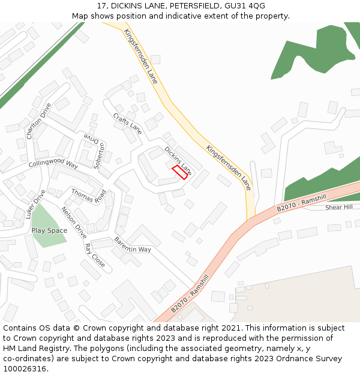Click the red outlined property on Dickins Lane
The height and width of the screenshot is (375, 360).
pos(180,172)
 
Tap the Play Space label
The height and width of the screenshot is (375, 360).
pos(49,230)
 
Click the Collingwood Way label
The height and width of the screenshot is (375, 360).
pos(53,163)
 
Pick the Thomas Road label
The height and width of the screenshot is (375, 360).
pos(88,196)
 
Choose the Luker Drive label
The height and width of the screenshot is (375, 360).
pos(35,204)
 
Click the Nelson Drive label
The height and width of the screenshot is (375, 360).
pos(74,223)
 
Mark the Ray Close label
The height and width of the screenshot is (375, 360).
pos(94,256)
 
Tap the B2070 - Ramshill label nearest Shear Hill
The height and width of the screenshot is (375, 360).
pos(301,202)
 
